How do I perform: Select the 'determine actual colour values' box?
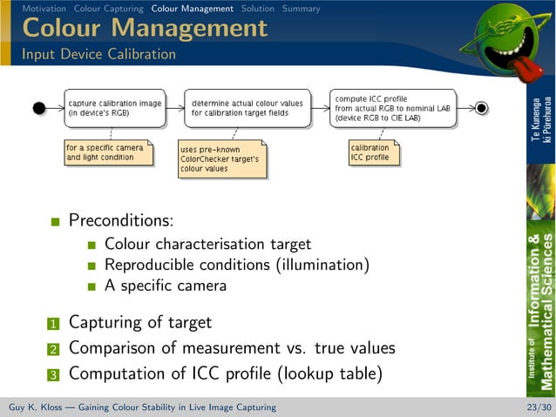click(x=235, y=108)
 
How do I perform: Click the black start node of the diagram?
click(x=38, y=108)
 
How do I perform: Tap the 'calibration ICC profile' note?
click(x=371, y=152)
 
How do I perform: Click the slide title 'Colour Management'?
click(x=145, y=28)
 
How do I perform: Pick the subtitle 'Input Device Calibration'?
click(x=98, y=54)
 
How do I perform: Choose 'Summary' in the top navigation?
click(x=301, y=9)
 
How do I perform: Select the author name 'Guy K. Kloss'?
click(x=39, y=407)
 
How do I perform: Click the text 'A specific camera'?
click(x=166, y=286)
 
